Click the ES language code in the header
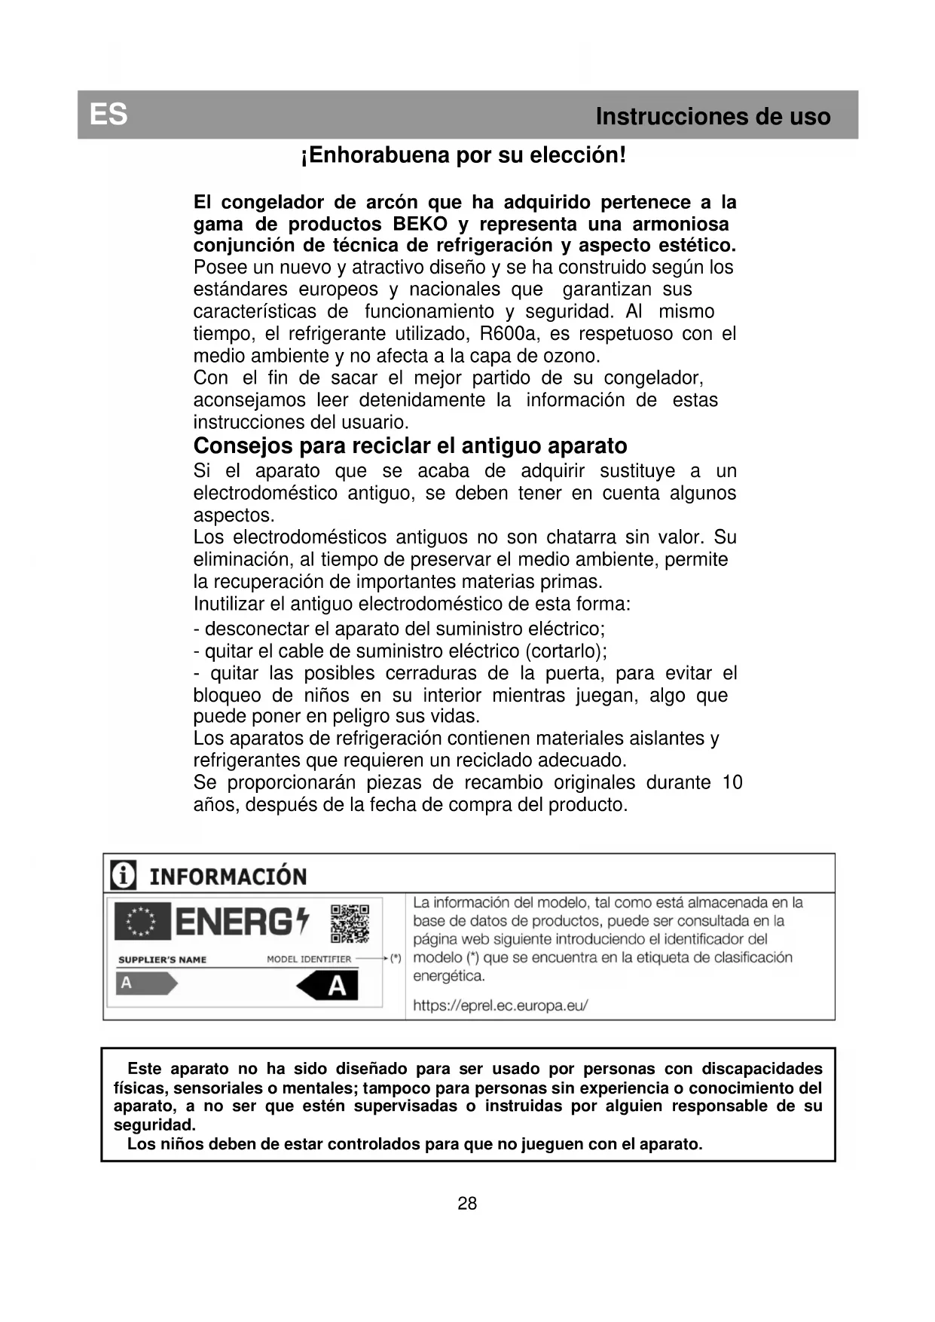[108, 115]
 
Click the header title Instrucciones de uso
[712, 117]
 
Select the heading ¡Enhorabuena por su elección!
[463, 155]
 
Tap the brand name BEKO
[420, 224]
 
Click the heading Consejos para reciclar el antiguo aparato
[410, 445]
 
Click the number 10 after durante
[732, 782]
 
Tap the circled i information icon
[124, 875]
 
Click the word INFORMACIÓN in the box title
[228, 877]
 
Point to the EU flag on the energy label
[142, 921]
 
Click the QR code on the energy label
[350, 923]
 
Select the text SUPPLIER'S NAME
[162, 959]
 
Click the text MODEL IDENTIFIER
[309, 959]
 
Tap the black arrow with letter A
[328, 985]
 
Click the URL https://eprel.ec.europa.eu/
[500, 1005]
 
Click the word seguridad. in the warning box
[154, 1125]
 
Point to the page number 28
[467, 1204]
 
